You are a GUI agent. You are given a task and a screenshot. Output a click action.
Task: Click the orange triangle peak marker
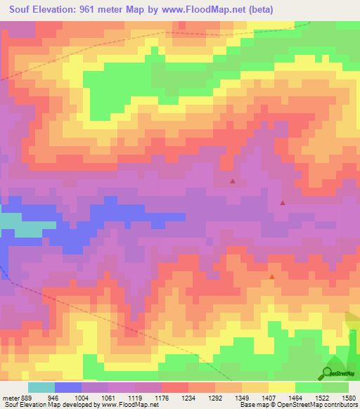272,276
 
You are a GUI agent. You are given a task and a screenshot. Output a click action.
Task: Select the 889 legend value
26,397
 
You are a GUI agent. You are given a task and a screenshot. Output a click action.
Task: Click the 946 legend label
53,397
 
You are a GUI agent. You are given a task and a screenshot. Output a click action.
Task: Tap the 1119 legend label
135,397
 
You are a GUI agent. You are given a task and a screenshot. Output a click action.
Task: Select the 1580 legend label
349,397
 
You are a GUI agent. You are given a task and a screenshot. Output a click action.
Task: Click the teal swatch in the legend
41,387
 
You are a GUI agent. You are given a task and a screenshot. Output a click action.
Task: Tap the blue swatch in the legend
68,387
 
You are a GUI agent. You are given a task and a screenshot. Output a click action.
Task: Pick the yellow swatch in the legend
282,387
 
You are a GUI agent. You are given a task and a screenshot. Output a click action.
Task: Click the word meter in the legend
10,397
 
